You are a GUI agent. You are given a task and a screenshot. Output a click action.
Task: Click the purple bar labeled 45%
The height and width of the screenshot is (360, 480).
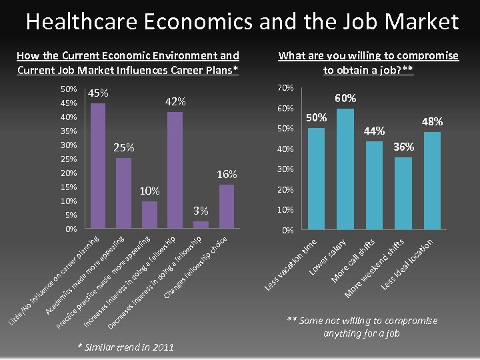pyautogui.click(x=98, y=166)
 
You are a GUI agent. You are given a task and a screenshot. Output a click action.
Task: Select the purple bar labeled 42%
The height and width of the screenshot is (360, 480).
pyautogui.click(x=175, y=170)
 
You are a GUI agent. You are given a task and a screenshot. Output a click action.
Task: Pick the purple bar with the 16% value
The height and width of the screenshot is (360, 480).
pyautogui.click(x=227, y=207)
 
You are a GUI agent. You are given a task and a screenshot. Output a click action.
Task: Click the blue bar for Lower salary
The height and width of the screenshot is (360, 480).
pyautogui.click(x=345, y=169)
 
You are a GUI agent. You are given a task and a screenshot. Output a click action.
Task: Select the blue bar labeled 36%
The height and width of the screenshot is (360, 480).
pyautogui.click(x=403, y=193)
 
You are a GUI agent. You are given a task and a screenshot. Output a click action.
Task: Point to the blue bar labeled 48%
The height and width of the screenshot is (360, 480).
pyautogui.click(x=432, y=181)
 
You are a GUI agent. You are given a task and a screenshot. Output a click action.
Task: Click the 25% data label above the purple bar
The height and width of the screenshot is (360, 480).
pyautogui.click(x=123, y=147)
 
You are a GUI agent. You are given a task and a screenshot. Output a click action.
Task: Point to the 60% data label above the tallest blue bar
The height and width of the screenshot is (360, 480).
pyautogui.click(x=345, y=99)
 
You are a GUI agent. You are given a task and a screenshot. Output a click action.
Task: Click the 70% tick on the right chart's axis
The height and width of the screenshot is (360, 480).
pyautogui.click(x=286, y=88)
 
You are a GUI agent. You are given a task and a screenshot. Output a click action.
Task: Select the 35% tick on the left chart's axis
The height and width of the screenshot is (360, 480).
pyautogui.click(x=69, y=131)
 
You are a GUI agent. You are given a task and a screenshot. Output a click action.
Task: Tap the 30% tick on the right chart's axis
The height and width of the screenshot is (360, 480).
pyautogui.click(x=286, y=169)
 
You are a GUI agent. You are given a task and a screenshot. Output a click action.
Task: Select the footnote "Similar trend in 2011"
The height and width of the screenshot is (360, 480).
pyautogui.click(x=126, y=347)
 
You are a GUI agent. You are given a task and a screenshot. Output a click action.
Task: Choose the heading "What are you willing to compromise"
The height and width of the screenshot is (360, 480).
pyautogui.click(x=368, y=56)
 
